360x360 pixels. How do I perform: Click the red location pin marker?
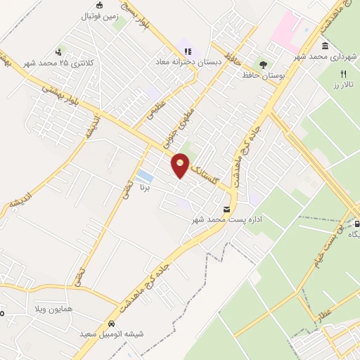(x=181, y=165)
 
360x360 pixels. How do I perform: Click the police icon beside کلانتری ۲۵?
(x=59, y=51)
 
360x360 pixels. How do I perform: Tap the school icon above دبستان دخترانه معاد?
(x=187, y=50)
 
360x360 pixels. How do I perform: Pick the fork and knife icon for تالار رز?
(x=343, y=74)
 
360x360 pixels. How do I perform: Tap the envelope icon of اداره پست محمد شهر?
(x=226, y=209)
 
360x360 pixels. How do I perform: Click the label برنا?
(x=145, y=188)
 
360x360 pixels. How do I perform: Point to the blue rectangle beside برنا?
(x=145, y=175)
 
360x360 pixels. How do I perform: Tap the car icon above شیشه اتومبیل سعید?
(x=112, y=324)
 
